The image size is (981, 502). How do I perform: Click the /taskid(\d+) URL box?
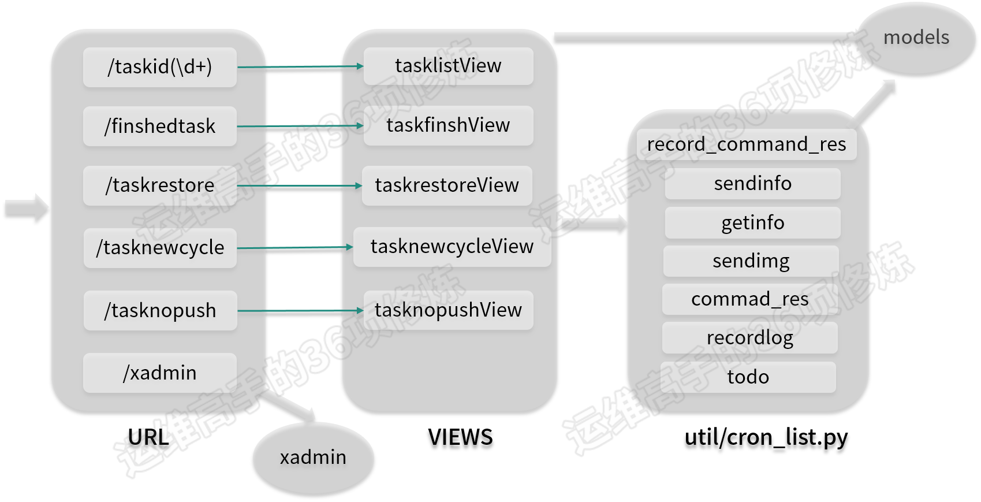click(x=160, y=67)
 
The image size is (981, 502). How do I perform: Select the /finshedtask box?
click(x=160, y=126)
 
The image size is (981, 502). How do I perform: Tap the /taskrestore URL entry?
click(x=160, y=185)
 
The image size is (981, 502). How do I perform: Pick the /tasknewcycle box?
click(x=160, y=247)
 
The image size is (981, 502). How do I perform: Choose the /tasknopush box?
click(x=160, y=310)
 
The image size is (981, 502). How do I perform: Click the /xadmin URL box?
click(x=160, y=373)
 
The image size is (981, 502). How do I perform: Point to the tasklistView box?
click(x=449, y=66)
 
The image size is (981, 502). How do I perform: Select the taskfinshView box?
click(x=449, y=125)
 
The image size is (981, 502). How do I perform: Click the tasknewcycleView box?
click(x=452, y=247)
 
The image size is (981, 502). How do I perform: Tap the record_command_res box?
click(x=747, y=144)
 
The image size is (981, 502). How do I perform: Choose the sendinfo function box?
click(x=753, y=184)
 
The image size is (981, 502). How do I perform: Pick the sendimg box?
click(x=751, y=261)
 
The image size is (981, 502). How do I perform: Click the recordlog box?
click(x=750, y=338)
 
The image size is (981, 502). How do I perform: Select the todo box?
click(x=748, y=377)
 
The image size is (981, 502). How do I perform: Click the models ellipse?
click(x=917, y=38)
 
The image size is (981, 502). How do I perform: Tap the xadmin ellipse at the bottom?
click(x=313, y=458)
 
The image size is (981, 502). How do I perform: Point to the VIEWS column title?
click(x=460, y=437)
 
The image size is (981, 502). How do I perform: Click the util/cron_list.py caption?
click(x=766, y=438)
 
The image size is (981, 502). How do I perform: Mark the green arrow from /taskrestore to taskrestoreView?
click(x=300, y=186)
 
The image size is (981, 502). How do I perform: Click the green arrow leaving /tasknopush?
click(x=300, y=311)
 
